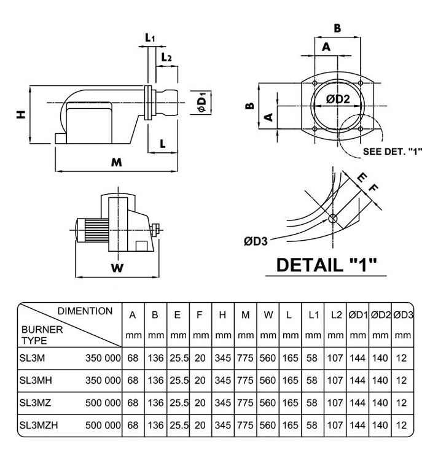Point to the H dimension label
(x=21, y=115)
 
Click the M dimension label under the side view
(x=116, y=162)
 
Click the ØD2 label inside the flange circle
(x=338, y=99)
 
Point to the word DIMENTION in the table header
(x=85, y=311)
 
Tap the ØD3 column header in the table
(x=402, y=315)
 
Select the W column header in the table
(x=268, y=315)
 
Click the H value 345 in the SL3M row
(x=222, y=359)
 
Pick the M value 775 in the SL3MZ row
(x=245, y=403)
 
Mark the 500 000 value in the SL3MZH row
(x=102, y=424)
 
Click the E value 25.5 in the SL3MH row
(x=177, y=381)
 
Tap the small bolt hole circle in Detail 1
(x=332, y=219)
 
